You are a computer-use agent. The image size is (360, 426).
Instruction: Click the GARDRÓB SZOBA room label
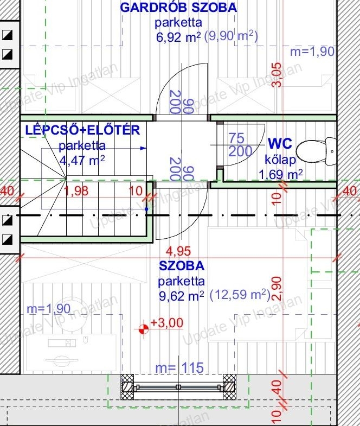[x=178, y=8]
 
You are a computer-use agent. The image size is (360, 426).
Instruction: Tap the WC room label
[x=280, y=143]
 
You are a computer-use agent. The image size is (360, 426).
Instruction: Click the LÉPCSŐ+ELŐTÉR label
[x=82, y=130]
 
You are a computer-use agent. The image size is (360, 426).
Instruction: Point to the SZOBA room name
[x=182, y=266]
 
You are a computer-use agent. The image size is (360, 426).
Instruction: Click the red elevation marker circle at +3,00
[x=144, y=329]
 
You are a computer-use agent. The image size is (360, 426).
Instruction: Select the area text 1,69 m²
[x=280, y=174]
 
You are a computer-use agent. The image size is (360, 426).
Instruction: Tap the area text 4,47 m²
[x=82, y=160]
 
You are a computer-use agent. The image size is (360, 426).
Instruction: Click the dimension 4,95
[x=178, y=251]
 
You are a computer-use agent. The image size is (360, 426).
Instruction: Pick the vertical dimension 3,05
[x=277, y=75]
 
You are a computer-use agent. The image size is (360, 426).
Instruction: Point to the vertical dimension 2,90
[x=277, y=288]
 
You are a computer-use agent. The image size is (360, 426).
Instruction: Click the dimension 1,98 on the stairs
[x=76, y=190]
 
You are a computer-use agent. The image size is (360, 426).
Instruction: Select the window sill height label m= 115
[x=179, y=367]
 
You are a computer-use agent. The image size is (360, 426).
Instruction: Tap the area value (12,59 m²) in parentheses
[x=240, y=295]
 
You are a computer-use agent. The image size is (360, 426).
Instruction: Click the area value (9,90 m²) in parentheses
[x=231, y=36]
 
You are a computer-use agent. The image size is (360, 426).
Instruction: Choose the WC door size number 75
[x=236, y=138]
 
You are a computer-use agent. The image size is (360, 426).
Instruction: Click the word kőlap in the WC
[x=280, y=160]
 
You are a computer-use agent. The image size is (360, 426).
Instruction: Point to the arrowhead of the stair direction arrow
[x=143, y=148]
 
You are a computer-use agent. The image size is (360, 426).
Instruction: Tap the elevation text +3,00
[x=167, y=323]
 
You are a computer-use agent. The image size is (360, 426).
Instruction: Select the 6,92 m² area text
[x=178, y=37]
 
